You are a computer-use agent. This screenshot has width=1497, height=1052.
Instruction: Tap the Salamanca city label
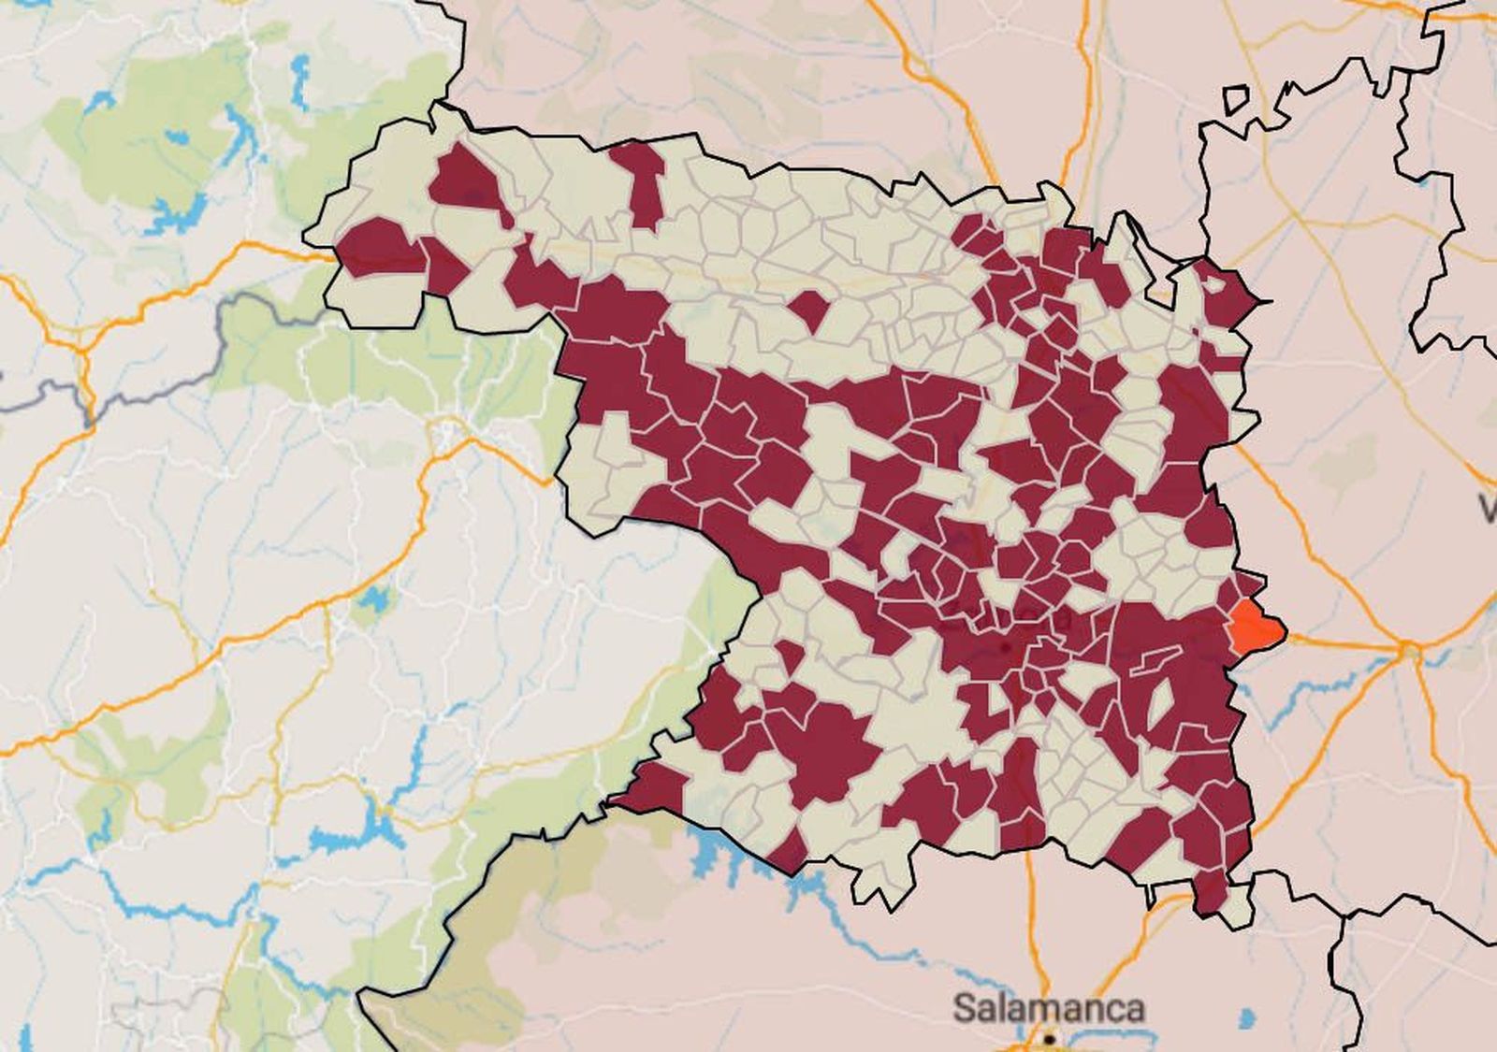click(x=1048, y=1008)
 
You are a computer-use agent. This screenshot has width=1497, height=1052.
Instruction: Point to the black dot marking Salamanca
click(x=1050, y=1038)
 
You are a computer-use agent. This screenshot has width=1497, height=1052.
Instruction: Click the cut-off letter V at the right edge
click(x=1488, y=510)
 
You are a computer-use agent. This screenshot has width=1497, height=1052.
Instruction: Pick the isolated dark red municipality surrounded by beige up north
click(x=809, y=310)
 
